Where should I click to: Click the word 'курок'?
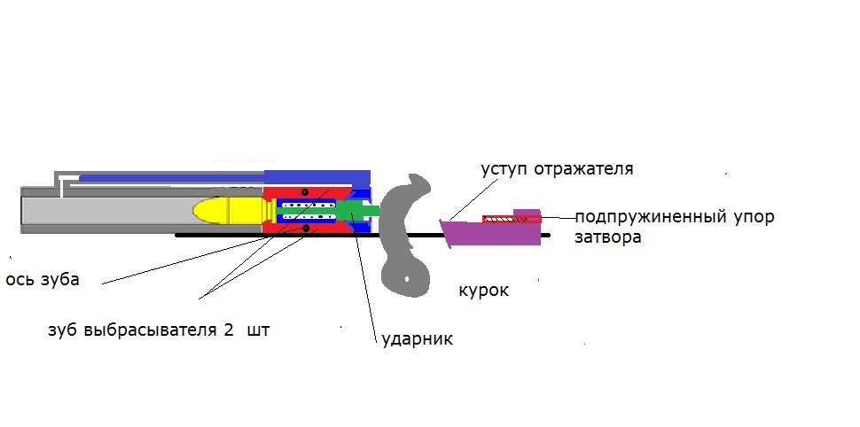[x=483, y=291]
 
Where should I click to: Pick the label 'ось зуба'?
[x=43, y=280]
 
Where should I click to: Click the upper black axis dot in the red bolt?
[x=304, y=192]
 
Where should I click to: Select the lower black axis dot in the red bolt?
[x=306, y=229]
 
